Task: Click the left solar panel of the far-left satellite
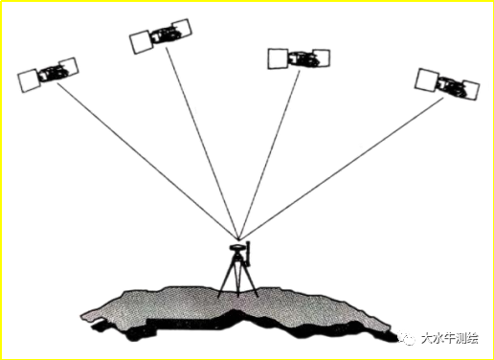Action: tap(29, 80)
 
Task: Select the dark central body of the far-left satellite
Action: tap(51, 73)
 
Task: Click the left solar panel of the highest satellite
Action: tap(141, 42)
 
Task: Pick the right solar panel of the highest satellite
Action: tap(182, 28)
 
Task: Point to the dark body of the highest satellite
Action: tap(164, 34)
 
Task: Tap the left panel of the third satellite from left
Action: tap(279, 58)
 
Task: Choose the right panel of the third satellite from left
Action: tap(322, 58)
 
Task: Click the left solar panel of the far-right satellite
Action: tap(427, 79)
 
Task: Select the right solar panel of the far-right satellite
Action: tap(470, 91)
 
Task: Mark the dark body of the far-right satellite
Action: tap(451, 85)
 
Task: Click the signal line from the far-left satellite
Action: tap(147, 161)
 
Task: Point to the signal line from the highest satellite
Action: tap(202, 143)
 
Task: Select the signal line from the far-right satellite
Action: tap(341, 169)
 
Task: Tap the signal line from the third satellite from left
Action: tap(269, 154)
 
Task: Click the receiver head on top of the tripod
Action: tap(236, 247)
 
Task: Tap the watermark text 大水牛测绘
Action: tap(450, 338)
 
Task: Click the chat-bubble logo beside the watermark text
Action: tap(407, 338)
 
